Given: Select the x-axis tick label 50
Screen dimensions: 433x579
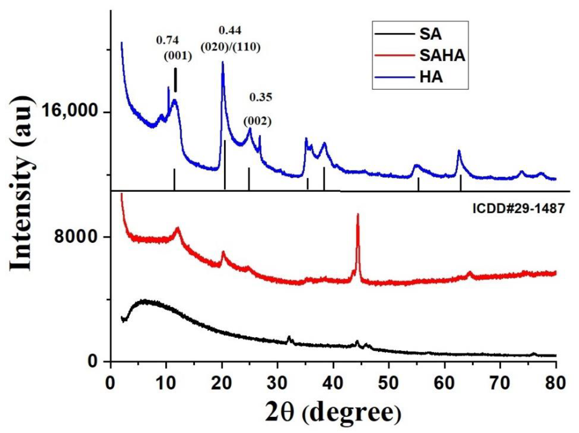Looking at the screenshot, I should pos(389,383).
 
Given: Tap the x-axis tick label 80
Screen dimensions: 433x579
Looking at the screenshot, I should pos(556,383).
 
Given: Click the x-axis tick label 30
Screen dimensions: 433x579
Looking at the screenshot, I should pos(277,383).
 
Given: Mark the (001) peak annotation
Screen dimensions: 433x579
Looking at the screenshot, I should pos(178,56).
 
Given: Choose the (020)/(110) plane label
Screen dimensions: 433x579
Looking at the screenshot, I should pos(230,47).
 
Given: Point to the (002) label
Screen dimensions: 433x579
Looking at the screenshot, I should pos(257,121).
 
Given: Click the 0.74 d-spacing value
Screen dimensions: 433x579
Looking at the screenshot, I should pos(168,40).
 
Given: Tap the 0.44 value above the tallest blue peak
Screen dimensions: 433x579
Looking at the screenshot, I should pos(230,31).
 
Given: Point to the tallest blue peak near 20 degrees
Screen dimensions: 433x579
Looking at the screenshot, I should pos(223,62).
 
